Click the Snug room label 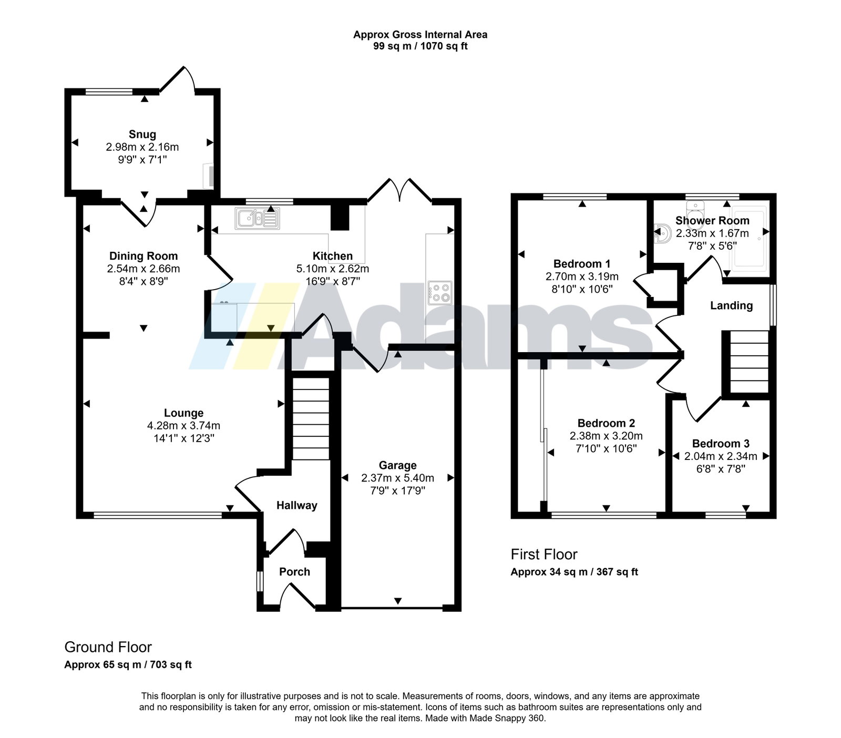pyautogui.click(x=142, y=135)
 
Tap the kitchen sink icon pyautogui.click(x=258, y=218)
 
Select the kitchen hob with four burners pyautogui.click(x=440, y=293)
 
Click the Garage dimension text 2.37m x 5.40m pyautogui.click(x=397, y=478)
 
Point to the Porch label pyautogui.click(x=294, y=572)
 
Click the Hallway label pyautogui.click(x=297, y=506)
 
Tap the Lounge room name pyautogui.click(x=183, y=413)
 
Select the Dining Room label pyautogui.click(x=143, y=256)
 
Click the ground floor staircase pyautogui.click(x=310, y=418)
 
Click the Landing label pyautogui.click(x=731, y=306)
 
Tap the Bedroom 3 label pyautogui.click(x=721, y=444)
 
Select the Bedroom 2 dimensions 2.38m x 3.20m pyautogui.click(x=606, y=436)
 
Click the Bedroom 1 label pyautogui.click(x=582, y=264)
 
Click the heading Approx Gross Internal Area pyautogui.click(x=420, y=35)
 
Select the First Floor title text pyautogui.click(x=544, y=555)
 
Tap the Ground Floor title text pyautogui.click(x=108, y=647)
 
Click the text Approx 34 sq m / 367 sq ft pyautogui.click(x=574, y=572)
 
